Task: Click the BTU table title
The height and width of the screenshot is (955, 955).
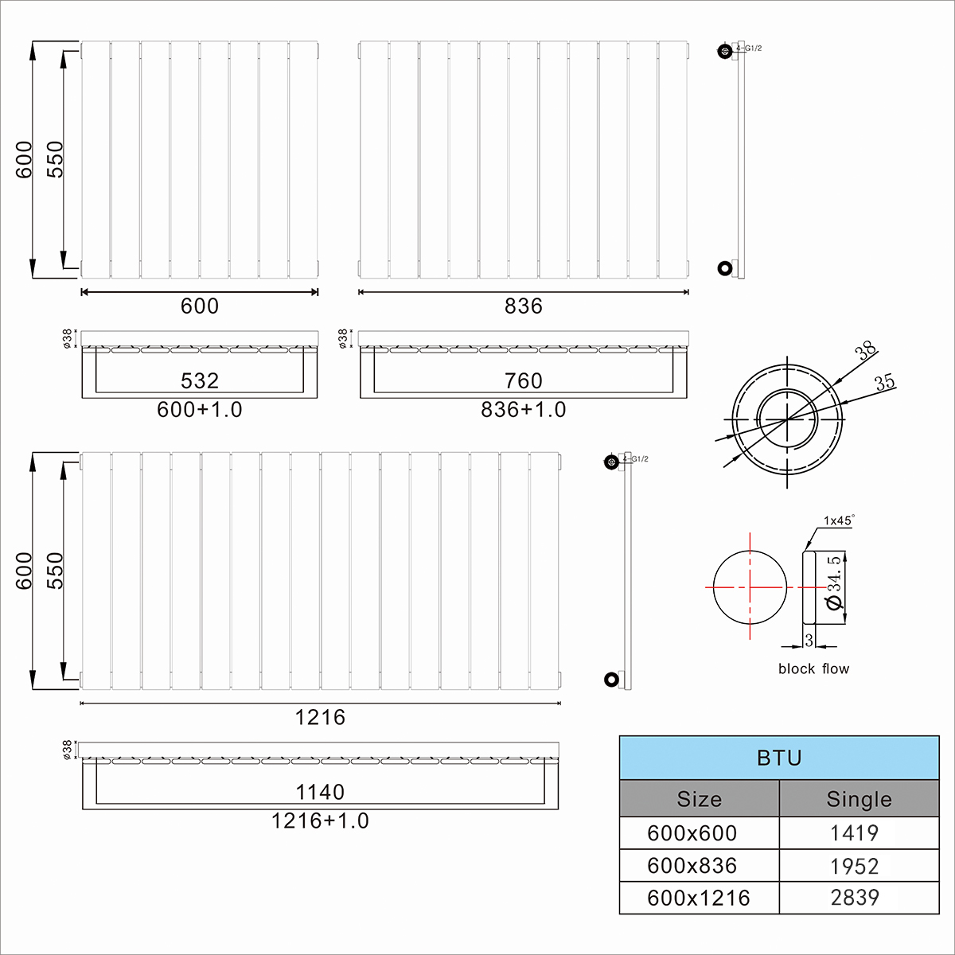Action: click(779, 758)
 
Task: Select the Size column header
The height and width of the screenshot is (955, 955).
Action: click(700, 799)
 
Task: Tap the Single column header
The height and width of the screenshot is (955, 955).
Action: click(859, 799)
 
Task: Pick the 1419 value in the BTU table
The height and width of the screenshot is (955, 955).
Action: click(855, 833)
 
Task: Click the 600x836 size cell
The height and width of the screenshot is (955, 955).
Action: click(692, 866)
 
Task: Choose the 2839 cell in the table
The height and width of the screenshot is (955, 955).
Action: click(855, 898)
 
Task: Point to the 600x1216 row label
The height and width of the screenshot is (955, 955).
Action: click(698, 898)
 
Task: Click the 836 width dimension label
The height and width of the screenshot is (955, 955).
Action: click(524, 306)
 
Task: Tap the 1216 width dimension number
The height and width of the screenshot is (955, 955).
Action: click(320, 717)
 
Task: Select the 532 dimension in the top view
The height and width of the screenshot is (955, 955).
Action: click(199, 380)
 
